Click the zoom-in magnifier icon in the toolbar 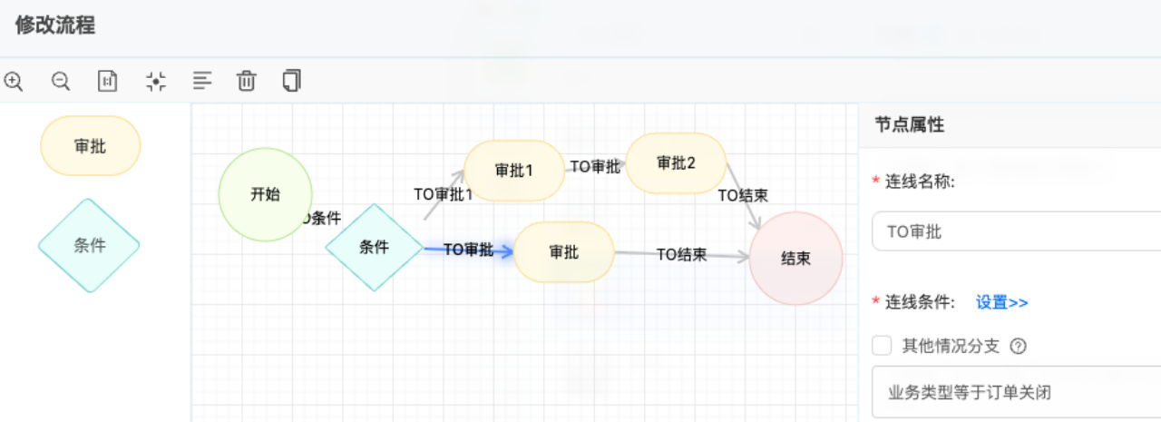(x=14, y=81)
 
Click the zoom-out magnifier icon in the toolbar (x=61, y=81)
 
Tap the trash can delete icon (x=246, y=81)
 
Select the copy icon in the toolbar (x=291, y=81)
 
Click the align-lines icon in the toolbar (x=202, y=81)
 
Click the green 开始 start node (x=265, y=194)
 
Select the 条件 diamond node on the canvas (x=374, y=247)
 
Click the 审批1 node (x=514, y=171)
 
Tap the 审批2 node (x=676, y=163)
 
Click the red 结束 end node (x=795, y=259)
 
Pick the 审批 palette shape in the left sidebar (x=91, y=145)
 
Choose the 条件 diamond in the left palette (x=89, y=245)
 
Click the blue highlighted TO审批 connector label (x=468, y=250)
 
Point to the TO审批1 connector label (x=443, y=194)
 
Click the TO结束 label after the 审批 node (x=681, y=255)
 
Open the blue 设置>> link (x=1001, y=303)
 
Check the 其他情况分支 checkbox (x=881, y=346)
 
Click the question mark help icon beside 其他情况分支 (x=1018, y=346)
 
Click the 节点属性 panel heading (x=910, y=125)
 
